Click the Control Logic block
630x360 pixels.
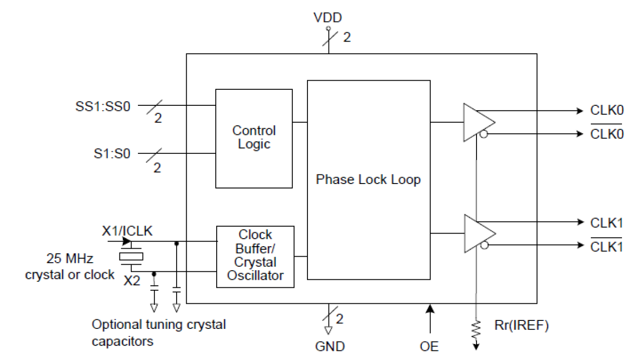(x=254, y=138)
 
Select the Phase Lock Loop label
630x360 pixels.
(x=368, y=179)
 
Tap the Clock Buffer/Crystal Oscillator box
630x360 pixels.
(x=255, y=256)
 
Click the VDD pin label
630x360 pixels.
(x=328, y=18)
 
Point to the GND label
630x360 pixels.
(x=330, y=346)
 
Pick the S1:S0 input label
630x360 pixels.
(x=111, y=154)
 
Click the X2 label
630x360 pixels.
(x=132, y=281)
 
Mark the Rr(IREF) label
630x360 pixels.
(x=521, y=326)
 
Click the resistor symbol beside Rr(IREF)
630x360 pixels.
(x=476, y=329)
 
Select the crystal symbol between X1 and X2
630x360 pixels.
(x=131, y=257)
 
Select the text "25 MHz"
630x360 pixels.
(x=68, y=259)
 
